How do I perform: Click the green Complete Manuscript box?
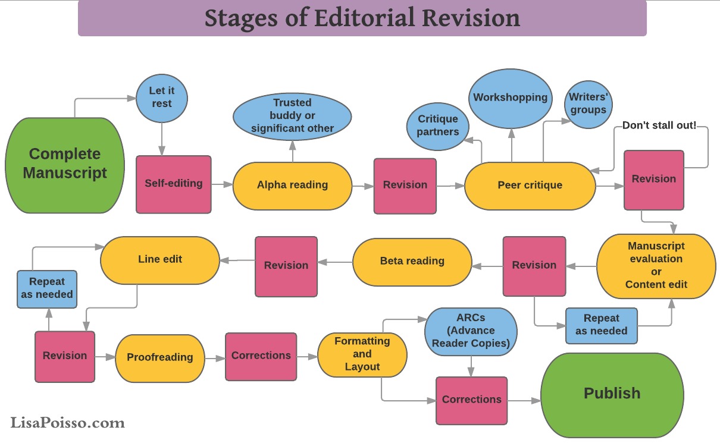(65, 165)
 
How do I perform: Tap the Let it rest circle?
(161, 96)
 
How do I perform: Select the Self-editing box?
(173, 184)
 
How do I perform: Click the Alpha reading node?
(292, 185)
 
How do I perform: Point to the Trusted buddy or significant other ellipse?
(292, 115)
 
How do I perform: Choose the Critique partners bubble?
(438, 125)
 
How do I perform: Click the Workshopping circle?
(510, 98)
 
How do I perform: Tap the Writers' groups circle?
(588, 103)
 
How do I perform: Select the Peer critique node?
(530, 185)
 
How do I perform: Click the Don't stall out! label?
(659, 126)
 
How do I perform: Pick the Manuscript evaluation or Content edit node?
(656, 265)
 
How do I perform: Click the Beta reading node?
(412, 261)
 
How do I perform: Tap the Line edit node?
(160, 259)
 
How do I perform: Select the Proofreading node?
(160, 357)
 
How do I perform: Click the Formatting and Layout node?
(362, 354)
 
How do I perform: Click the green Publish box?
(612, 394)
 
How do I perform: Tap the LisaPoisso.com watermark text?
(67, 423)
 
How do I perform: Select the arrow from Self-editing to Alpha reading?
(222, 184)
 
